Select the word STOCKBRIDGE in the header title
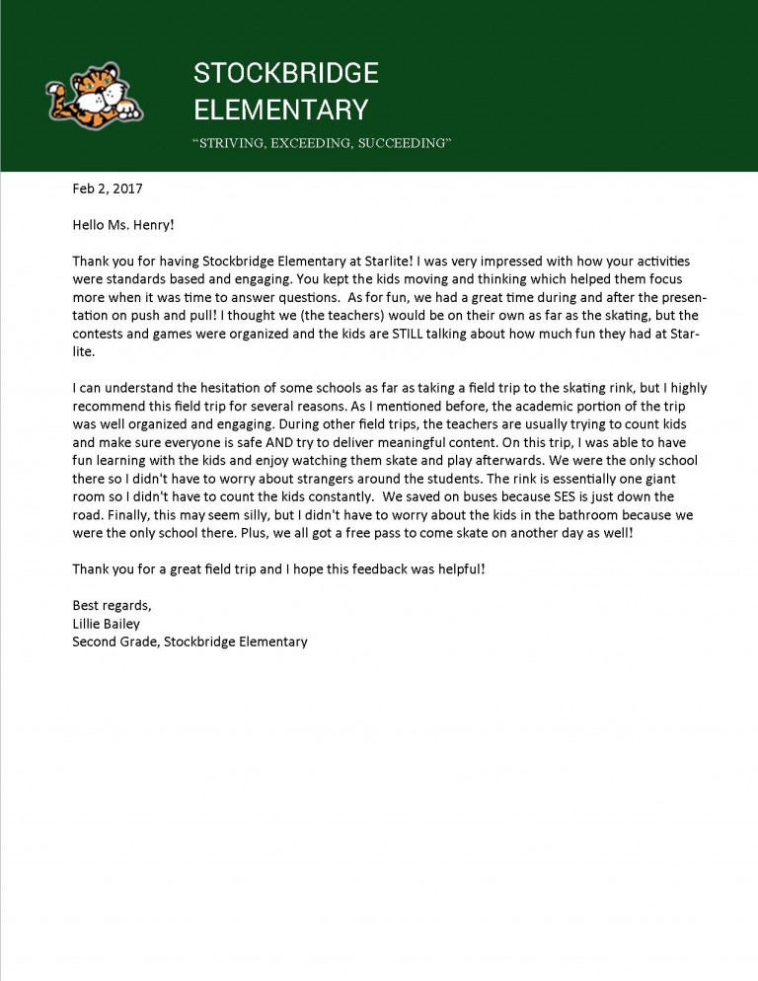click(286, 73)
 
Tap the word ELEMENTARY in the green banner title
click(280, 109)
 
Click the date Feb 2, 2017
click(114, 187)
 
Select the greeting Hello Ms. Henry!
click(123, 224)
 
